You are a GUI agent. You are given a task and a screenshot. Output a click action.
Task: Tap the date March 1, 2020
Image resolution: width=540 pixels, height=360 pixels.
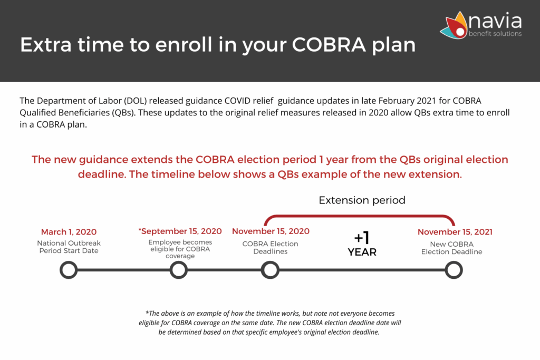tap(69, 232)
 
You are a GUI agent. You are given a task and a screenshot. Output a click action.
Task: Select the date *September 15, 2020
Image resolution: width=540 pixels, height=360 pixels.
tap(180, 231)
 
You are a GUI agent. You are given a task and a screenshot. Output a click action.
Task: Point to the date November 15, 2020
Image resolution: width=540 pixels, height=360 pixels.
tap(271, 231)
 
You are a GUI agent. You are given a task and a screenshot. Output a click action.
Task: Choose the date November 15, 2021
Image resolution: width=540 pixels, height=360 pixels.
tap(455, 232)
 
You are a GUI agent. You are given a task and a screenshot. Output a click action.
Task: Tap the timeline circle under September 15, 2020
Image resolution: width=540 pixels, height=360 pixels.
tap(179, 270)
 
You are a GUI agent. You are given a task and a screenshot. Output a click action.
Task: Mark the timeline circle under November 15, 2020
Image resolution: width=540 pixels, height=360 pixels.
tap(270, 270)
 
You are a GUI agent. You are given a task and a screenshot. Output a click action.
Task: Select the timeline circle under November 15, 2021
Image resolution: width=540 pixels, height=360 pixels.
tap(454, 270)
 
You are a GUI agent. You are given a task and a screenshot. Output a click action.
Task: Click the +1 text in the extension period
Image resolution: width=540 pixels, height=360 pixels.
tap(362, 238)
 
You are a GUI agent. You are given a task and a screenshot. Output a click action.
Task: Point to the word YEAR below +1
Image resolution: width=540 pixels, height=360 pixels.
tap(362, 252)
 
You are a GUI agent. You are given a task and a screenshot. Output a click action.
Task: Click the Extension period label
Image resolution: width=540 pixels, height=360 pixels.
tap(362, 201)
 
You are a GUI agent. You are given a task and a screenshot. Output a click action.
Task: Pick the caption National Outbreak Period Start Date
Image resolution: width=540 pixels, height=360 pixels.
tap(69, 247)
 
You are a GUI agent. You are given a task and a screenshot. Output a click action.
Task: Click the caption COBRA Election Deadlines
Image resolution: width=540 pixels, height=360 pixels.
tap(270, 248)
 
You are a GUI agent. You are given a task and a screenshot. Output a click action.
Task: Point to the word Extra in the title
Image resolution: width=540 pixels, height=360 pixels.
tap(44, 45)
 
